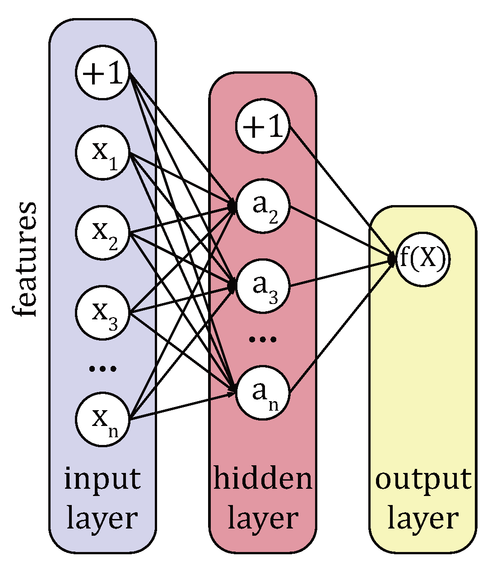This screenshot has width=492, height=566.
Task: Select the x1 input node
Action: pyautogui.click(x=103, y=153)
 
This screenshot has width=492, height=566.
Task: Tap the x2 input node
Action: pyautogui.click(x=103, y=233)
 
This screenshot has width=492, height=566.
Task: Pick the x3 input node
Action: pyautogui.click(x=103, y=313)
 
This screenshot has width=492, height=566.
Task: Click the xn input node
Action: pyautogui.click(x=103, y=420)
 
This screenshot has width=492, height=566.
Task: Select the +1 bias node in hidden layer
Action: pyautogui.click(x=263, y=126)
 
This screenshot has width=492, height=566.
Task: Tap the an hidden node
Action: pyautogui.click(x=263, y=393)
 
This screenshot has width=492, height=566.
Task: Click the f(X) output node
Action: pyautogui.click(x=423, y=260)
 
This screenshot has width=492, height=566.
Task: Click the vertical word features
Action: pyautogui.click(x=23, y=260)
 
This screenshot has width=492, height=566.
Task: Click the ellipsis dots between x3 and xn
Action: pyautogui.click(x=103, y=369)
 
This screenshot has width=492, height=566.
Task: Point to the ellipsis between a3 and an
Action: pyautogui.click(x=263, y=339)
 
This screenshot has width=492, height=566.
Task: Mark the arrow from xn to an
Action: pyautogui.click(x=181, y=407)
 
